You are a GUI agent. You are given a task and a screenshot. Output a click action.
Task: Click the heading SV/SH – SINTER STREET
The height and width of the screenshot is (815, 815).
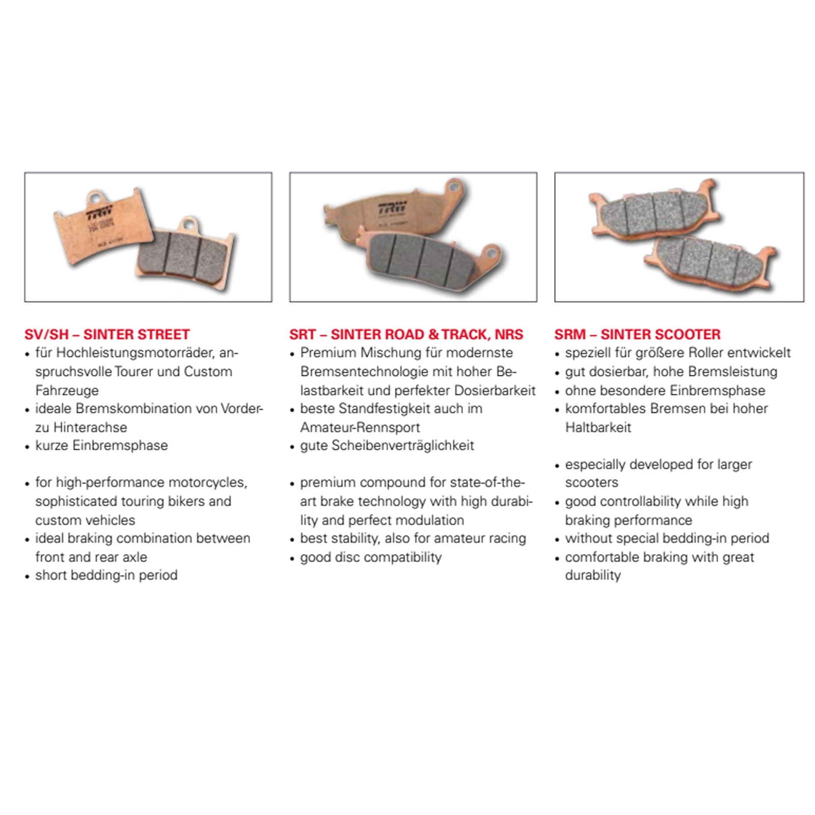pos(107,334)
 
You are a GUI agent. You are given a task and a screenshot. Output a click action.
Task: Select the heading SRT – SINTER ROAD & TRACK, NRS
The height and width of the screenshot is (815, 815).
pos(406,334)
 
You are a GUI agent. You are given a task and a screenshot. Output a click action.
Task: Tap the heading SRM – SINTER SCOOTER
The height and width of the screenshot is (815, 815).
pos(637,334)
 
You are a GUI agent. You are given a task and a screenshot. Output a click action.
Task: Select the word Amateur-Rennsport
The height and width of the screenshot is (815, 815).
pos(360,427)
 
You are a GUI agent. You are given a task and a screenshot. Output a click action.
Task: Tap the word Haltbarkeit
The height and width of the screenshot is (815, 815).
pos(598,427)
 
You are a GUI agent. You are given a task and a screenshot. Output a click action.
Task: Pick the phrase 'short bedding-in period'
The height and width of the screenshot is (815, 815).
pos(106,575)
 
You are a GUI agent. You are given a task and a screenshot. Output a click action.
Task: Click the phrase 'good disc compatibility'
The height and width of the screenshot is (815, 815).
pos(371,557)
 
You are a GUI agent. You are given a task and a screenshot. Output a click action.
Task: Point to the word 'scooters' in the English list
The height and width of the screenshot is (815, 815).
pos(591,482)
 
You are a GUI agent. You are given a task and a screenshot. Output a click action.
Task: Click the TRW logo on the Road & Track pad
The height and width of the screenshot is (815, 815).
pos(392,208)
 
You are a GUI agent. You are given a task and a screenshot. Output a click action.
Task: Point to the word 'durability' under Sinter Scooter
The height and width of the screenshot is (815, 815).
pos(593,575)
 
